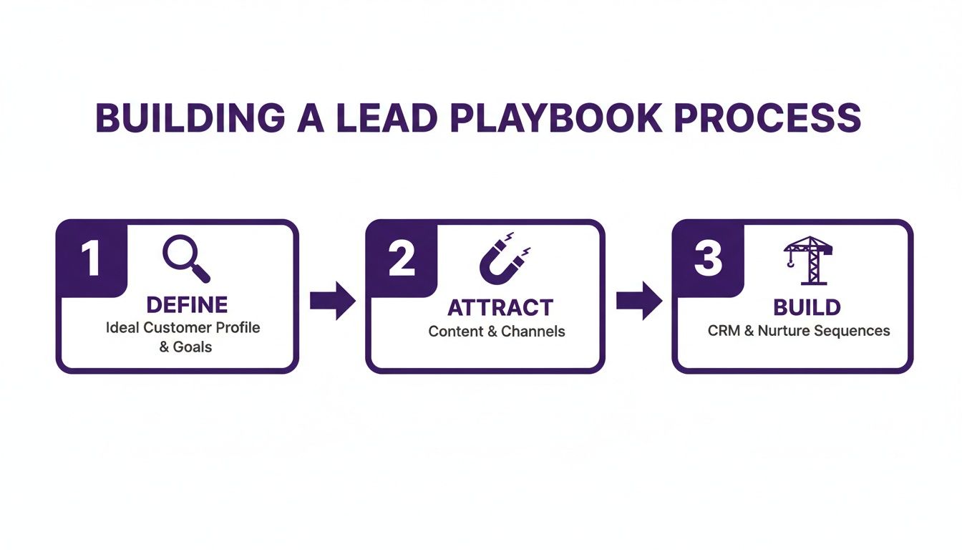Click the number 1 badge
(x=91, y=259)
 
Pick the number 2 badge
(x=401, y=259)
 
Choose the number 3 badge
(x=708, y=259)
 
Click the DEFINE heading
(x=187, y=305)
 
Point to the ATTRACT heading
(x=500, y=308)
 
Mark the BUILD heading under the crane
(x=807, y=308)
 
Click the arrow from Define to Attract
(x=332, y=301)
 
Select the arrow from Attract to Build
(x=639, y=301)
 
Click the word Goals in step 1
(x=193, y=347)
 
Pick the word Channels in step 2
(x=533, y=332)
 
